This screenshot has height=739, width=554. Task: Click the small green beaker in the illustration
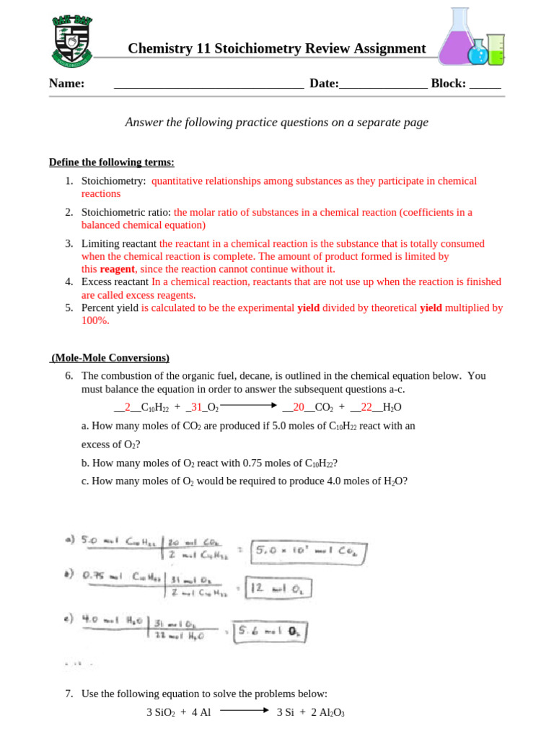click(x=496, y=49)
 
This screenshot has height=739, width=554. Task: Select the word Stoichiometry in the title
click(x=256, y=48)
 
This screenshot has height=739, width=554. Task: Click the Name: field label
click(x=66, y=84)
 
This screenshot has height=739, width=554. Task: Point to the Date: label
click(x=324, y=84)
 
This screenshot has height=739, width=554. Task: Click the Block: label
click(x=448, y=84)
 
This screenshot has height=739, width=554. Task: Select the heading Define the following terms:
click(x=111, y=162)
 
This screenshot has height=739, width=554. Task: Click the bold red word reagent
click(x=118, y=269)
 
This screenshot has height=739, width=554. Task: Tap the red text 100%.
click(x=95, y=321)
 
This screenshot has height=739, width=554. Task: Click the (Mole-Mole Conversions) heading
click(x=110, y=358)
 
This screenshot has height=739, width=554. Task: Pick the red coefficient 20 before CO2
click(x=299, y=407)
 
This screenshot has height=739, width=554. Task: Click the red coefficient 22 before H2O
click(x=366, y=407)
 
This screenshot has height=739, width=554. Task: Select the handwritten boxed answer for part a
click(x=309, y=552)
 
